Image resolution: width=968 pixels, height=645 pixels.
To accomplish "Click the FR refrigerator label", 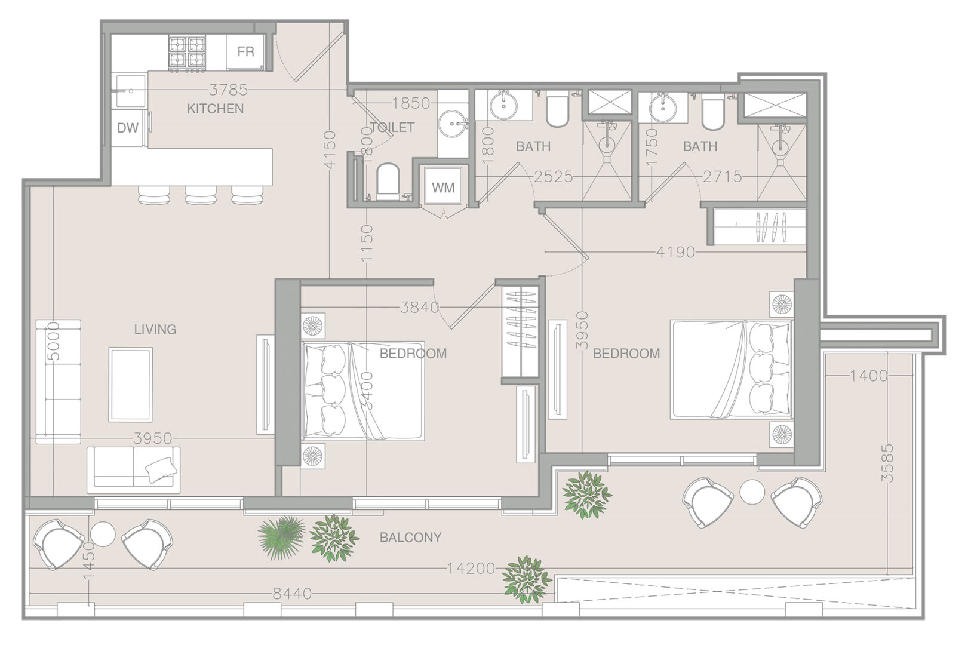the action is point(245,52).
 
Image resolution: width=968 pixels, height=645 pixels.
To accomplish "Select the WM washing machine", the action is point(443,186).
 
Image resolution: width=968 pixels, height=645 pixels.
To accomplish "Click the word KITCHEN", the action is point(215,109).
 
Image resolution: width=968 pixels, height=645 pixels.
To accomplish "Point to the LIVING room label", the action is point(155,330).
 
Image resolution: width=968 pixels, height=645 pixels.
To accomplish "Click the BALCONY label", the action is point(410,537).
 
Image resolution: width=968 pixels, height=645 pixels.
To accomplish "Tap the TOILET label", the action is point(392,127).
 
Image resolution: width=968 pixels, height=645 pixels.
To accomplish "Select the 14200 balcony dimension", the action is point(471,569).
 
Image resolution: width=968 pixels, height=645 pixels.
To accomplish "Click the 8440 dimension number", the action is point(292,594).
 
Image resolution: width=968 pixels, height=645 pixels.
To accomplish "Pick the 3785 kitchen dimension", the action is point(229,90).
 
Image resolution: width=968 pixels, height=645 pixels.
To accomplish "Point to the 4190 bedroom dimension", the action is point(675,252).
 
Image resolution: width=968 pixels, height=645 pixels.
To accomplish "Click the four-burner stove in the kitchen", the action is point(187,53).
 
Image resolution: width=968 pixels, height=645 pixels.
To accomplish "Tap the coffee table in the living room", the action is point(131,385).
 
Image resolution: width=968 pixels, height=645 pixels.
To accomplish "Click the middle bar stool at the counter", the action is point(201,195).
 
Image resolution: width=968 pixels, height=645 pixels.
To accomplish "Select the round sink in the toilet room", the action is point(453,124).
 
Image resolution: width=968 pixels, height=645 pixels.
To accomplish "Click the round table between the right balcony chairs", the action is point(752,492).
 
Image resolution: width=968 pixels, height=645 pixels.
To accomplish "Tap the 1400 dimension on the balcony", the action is point(869,376).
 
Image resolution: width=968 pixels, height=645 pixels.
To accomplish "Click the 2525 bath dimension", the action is point(554,176).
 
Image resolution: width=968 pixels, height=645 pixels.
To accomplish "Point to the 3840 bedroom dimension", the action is point(420,308).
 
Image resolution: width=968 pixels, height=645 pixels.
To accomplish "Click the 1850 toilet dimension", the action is point(411,103).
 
